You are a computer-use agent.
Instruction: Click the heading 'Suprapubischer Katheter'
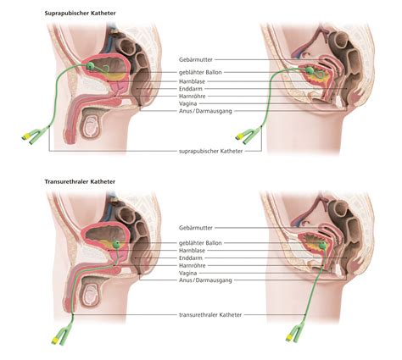tap(80, 13)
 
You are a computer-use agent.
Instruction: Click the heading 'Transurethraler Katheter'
tap(80, 181)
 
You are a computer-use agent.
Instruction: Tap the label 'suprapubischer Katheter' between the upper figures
tap(211, 151)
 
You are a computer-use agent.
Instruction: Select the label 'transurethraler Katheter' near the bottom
tap(210, 314)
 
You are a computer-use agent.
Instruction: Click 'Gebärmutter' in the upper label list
tap(196, 59)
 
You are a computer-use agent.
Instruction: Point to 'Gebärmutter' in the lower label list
tap(196, 228)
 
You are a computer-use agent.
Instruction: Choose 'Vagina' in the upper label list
tap(187, 103)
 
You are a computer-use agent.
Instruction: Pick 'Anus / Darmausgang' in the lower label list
tap(205, 280)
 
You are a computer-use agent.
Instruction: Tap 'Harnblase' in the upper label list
tap(192, 81)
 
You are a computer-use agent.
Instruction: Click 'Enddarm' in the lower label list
tap(191, 258)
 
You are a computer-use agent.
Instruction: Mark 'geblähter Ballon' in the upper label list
tap(200, 72)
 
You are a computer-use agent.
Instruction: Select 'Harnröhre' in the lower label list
tap(193, 265)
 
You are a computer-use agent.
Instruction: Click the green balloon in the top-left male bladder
tap(90, 66)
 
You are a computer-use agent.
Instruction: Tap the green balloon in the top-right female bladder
tap(310, 70)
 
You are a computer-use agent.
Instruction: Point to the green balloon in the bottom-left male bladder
tap(116, 244)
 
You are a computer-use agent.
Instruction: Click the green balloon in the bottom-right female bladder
tap(322, 246)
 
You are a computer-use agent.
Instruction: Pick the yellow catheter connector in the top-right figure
tap(239, 136)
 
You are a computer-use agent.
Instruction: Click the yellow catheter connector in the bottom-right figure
tap(289, 338)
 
